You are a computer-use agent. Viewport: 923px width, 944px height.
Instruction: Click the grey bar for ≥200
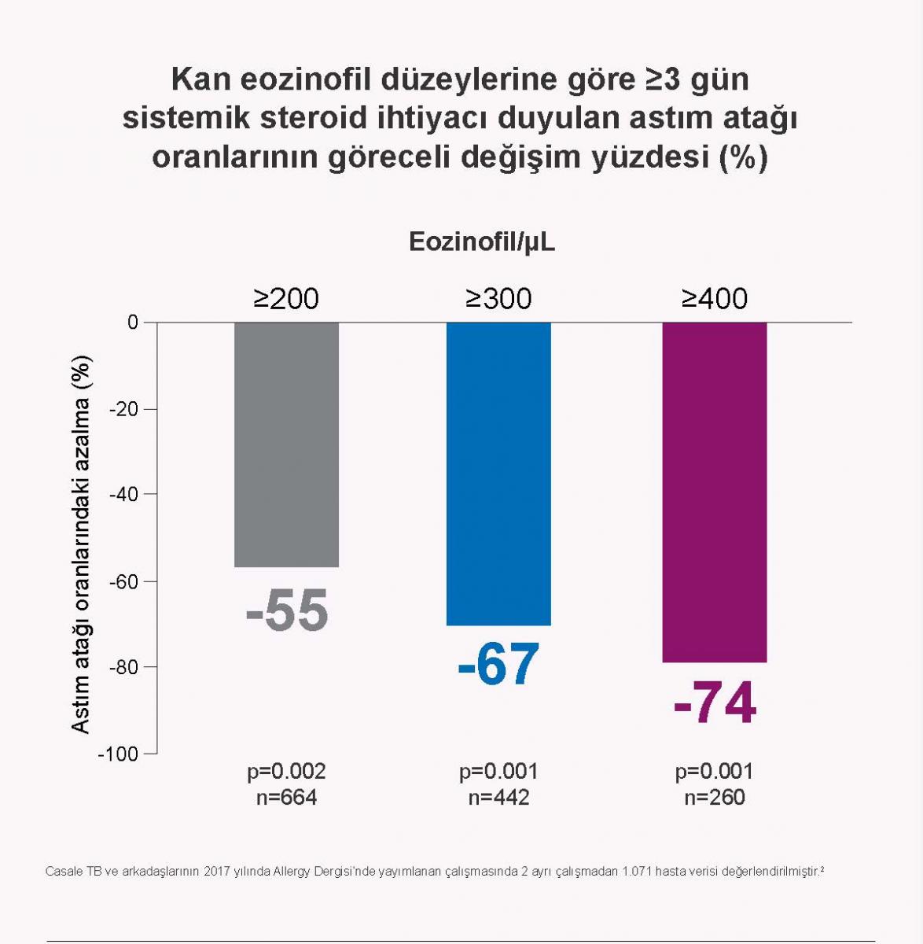pos(286,444)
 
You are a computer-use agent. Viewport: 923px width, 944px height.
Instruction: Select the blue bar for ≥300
pos(498,474)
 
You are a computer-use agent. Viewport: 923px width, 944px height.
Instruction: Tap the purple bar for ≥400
pos(714,492)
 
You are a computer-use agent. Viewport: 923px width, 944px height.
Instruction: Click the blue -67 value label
pos(498,665)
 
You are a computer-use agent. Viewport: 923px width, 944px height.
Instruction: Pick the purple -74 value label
pos(714,704)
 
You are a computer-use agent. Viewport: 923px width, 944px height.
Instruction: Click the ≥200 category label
pos(286,299)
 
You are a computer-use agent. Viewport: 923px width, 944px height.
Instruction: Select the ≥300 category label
pos(498,299)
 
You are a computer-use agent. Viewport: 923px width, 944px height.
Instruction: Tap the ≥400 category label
pos(714,299)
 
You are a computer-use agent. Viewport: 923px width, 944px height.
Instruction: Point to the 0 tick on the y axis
pos(132,323)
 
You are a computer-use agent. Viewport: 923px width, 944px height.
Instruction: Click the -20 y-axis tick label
pos(123,409)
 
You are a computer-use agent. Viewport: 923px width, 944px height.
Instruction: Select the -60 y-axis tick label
pos(123,581)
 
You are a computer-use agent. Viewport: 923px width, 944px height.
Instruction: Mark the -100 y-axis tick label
pos(118,754)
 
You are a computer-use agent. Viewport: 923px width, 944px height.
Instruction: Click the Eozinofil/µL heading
pos(482,242)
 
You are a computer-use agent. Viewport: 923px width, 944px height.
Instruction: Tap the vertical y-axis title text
pos(81,544)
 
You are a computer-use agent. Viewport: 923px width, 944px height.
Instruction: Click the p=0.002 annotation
pos(286,772)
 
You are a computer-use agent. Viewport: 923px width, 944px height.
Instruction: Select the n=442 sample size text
pos(498,798)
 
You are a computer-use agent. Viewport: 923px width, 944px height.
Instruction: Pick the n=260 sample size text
pos(714,798)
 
